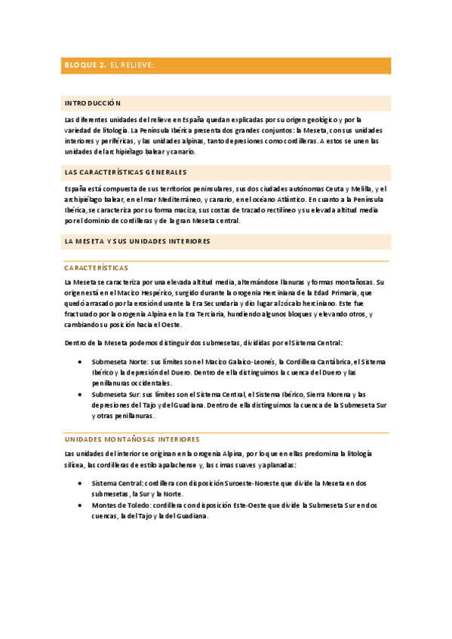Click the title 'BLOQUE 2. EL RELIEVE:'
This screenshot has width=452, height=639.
pyautogui.click(x=109, y=66)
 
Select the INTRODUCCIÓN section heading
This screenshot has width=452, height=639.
pyautogui.click(x=93, y=103)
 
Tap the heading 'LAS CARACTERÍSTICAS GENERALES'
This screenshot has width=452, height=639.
pyautogui.click(x=126, y=172)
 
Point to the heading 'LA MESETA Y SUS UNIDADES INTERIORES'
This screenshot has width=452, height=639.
pyautogui.click(x=137, y=241)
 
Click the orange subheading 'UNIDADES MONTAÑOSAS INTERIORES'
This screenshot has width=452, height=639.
pyautogui.click(x=132, y=439)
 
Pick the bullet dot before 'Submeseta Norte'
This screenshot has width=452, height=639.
pyautogui.click(x=81, y=362)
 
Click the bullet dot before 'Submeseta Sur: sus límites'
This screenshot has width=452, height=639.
pyautogui.click(x=81, y=394)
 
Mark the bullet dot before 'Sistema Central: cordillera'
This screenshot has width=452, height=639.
pyautogui.click(x=81, y=483)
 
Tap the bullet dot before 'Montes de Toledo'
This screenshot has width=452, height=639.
pyautogui.click(x=81, y=505)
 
